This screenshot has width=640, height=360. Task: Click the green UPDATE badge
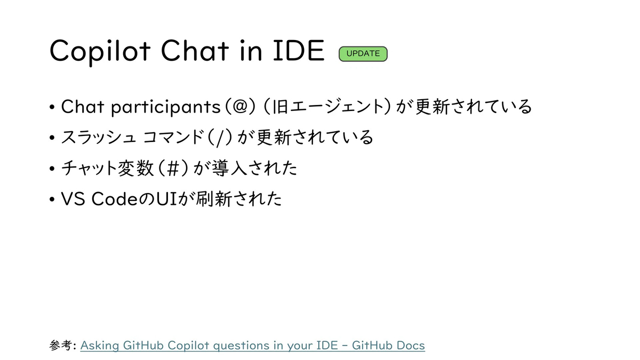(363, 54)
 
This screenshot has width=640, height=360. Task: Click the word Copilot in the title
(100, 52)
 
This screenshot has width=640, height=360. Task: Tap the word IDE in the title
(299, 51)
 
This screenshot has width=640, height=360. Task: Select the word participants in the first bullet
(166, 107)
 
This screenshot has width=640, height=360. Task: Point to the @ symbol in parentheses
(240, 107)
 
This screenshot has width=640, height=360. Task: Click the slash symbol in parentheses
(219, 138)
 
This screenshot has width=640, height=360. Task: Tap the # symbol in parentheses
(173, 169)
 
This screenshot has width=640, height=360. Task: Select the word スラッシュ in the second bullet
(99, 137)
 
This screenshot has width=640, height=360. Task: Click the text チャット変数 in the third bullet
(107, 168)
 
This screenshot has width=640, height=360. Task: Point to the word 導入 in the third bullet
(229, 168)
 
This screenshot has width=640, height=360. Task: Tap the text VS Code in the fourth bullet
(99, 199)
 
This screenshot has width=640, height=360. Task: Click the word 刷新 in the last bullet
(213, 199)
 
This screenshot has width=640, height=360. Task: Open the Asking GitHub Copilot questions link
(253, 346)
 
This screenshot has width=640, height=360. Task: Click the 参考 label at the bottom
(60, 345)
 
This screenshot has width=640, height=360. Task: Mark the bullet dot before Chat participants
(52, 107)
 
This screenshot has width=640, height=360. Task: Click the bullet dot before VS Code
(52, 199)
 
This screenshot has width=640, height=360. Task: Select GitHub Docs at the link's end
(388, 346)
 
